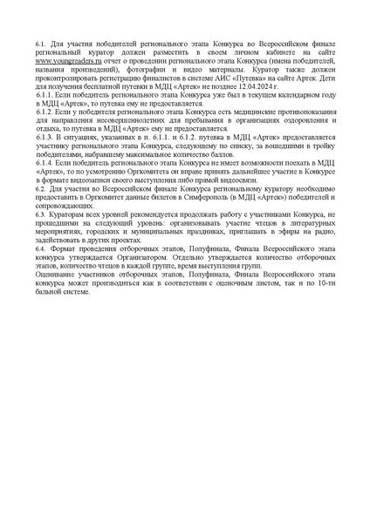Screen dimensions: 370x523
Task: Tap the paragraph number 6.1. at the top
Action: pos(41,41)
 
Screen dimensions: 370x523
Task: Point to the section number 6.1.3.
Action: pos(45,139)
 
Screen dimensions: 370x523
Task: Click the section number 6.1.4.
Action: pos(45,161)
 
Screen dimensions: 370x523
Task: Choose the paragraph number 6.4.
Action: pos(41,248)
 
